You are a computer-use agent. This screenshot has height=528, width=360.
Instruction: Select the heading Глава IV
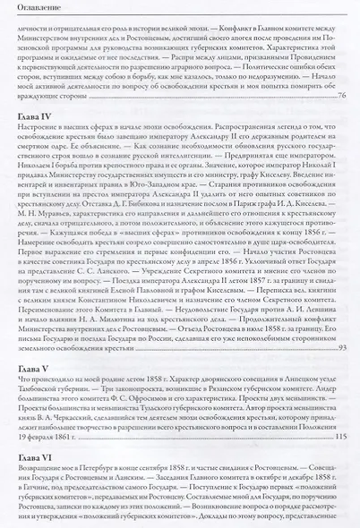click(x=34, y=116)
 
